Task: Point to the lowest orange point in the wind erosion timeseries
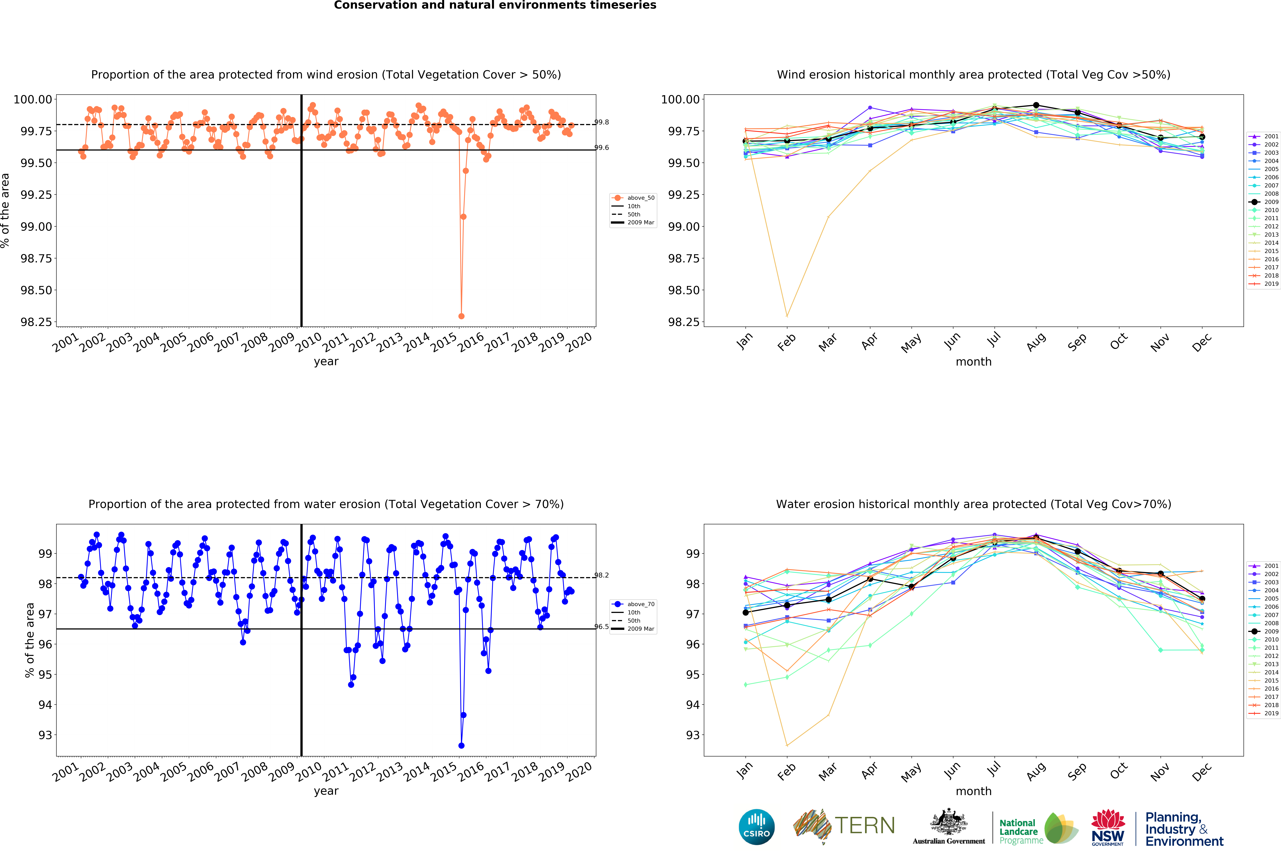click(461, 316)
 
